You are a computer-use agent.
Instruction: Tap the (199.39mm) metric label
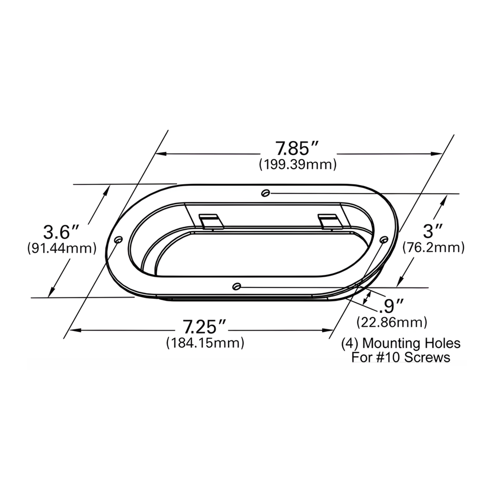[297, 164]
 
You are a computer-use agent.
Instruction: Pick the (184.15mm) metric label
[205, 343]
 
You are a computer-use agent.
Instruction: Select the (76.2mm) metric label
[433, 247]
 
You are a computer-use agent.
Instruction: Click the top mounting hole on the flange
[265, 193]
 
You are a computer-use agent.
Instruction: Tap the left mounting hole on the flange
[119, 239]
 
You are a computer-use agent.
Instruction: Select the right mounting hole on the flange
[383, 239]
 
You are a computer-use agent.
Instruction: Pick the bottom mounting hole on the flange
[236, 287]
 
